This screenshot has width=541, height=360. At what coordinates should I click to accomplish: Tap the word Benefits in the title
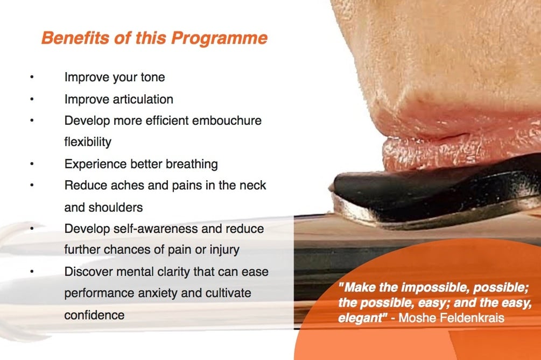tap(75, 38)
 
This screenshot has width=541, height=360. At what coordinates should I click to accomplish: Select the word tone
tap(152, 77)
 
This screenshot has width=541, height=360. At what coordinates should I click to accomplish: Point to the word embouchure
tap(227, 121)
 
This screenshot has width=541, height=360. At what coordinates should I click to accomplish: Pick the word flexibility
tap(88, 142)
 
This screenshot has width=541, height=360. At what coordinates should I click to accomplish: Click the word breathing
tap(192, 164)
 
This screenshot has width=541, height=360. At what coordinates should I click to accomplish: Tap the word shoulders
tap(116, 207)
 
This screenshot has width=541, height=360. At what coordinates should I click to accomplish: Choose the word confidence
tap(94, 315)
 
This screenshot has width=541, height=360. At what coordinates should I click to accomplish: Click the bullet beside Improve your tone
tap(32, 77)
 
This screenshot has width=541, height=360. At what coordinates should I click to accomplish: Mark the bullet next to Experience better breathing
tap(32, 164)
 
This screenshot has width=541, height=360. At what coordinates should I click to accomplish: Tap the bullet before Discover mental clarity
tap(32, 271)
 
